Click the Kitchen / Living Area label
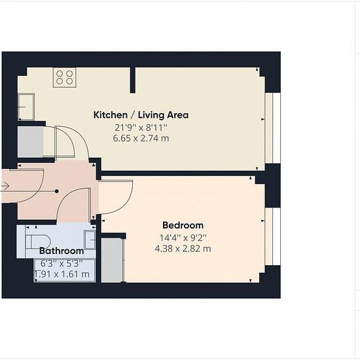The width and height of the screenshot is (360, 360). [141, 115]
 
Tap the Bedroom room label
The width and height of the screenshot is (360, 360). [183, 225]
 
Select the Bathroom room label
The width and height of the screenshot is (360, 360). [62, 251]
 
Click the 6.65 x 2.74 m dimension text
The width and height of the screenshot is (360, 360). [141, 138]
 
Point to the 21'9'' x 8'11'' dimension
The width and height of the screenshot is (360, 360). [141, 128]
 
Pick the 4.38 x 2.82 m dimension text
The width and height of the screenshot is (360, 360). [183, 249]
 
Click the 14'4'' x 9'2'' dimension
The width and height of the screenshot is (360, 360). [183, 238]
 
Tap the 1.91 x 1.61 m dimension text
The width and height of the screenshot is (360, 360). [62, 274]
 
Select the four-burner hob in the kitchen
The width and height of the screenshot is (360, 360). [65, 77]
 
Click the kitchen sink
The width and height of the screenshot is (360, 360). [26, 107]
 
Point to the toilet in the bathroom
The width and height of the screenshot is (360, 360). [38, 242]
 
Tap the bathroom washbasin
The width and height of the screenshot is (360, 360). [90, 240]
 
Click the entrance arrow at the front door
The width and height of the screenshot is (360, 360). [5, 186]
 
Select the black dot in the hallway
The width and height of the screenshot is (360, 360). [57, 191]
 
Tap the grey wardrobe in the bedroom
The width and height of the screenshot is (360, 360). [111, 261]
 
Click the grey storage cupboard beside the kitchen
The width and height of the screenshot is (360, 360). [31, 142]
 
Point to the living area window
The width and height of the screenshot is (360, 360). [273, 128]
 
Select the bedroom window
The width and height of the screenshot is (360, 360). [273, 236]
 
